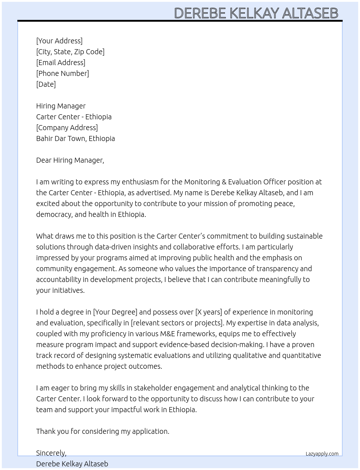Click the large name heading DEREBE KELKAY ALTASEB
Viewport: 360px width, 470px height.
(x=256, y=13)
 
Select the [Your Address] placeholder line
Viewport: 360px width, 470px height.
(x=59, y=41)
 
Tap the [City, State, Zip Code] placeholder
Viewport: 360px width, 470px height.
(x=70, y=52)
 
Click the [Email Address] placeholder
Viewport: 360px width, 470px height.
(x=61, y=63)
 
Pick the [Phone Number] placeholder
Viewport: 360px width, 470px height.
(x=63, y=73)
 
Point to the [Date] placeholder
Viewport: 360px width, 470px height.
(x=46, y=84)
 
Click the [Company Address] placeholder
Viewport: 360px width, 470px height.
(x=67, y=128)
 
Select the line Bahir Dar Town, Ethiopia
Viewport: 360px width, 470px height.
(x=76, y=138)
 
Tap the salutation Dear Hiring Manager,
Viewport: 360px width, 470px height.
(x=70, y=160)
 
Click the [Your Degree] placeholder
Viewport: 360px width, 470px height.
(x=115, y=312)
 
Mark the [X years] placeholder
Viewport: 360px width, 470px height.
(x=209, y=312)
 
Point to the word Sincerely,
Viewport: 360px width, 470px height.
(x=51, y=453)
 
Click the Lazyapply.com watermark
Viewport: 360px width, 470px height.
(x=322, y=454)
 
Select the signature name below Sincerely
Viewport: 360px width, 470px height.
(x=72, y=464)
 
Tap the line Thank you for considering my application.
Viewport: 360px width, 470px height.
(x=103, y=431)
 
